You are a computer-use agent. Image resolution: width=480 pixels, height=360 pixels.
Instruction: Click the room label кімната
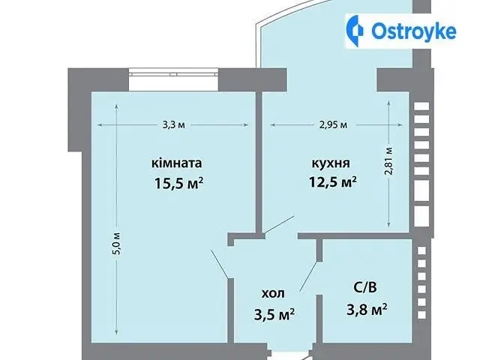point(177,163)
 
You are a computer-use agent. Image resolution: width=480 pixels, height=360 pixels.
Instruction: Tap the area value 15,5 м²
point(179,183)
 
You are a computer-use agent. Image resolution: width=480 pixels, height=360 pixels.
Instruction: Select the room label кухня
point(331,163)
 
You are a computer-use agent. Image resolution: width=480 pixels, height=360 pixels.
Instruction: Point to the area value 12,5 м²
point(333,181)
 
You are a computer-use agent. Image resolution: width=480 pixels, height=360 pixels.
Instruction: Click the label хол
point(273,293)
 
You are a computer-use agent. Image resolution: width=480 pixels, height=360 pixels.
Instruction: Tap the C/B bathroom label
point(365,287)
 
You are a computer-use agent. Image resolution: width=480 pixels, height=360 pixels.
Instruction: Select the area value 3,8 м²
point(367,310)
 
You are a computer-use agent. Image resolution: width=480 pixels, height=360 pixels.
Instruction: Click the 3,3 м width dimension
point(173,125)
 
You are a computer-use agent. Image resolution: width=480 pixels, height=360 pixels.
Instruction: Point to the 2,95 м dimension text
point(333,125)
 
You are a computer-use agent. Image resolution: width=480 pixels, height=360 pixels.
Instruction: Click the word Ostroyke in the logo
point(414,31)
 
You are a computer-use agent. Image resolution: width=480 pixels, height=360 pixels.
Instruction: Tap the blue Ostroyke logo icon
point(355,31)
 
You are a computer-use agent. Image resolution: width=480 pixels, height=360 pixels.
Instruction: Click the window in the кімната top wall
point(173,73)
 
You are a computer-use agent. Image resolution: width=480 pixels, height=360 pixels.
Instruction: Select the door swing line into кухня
point(279,225)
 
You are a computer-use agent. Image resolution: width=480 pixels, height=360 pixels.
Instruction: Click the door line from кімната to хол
point(220,265)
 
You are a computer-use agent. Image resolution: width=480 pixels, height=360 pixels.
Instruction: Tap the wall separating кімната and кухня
point(259,163)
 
